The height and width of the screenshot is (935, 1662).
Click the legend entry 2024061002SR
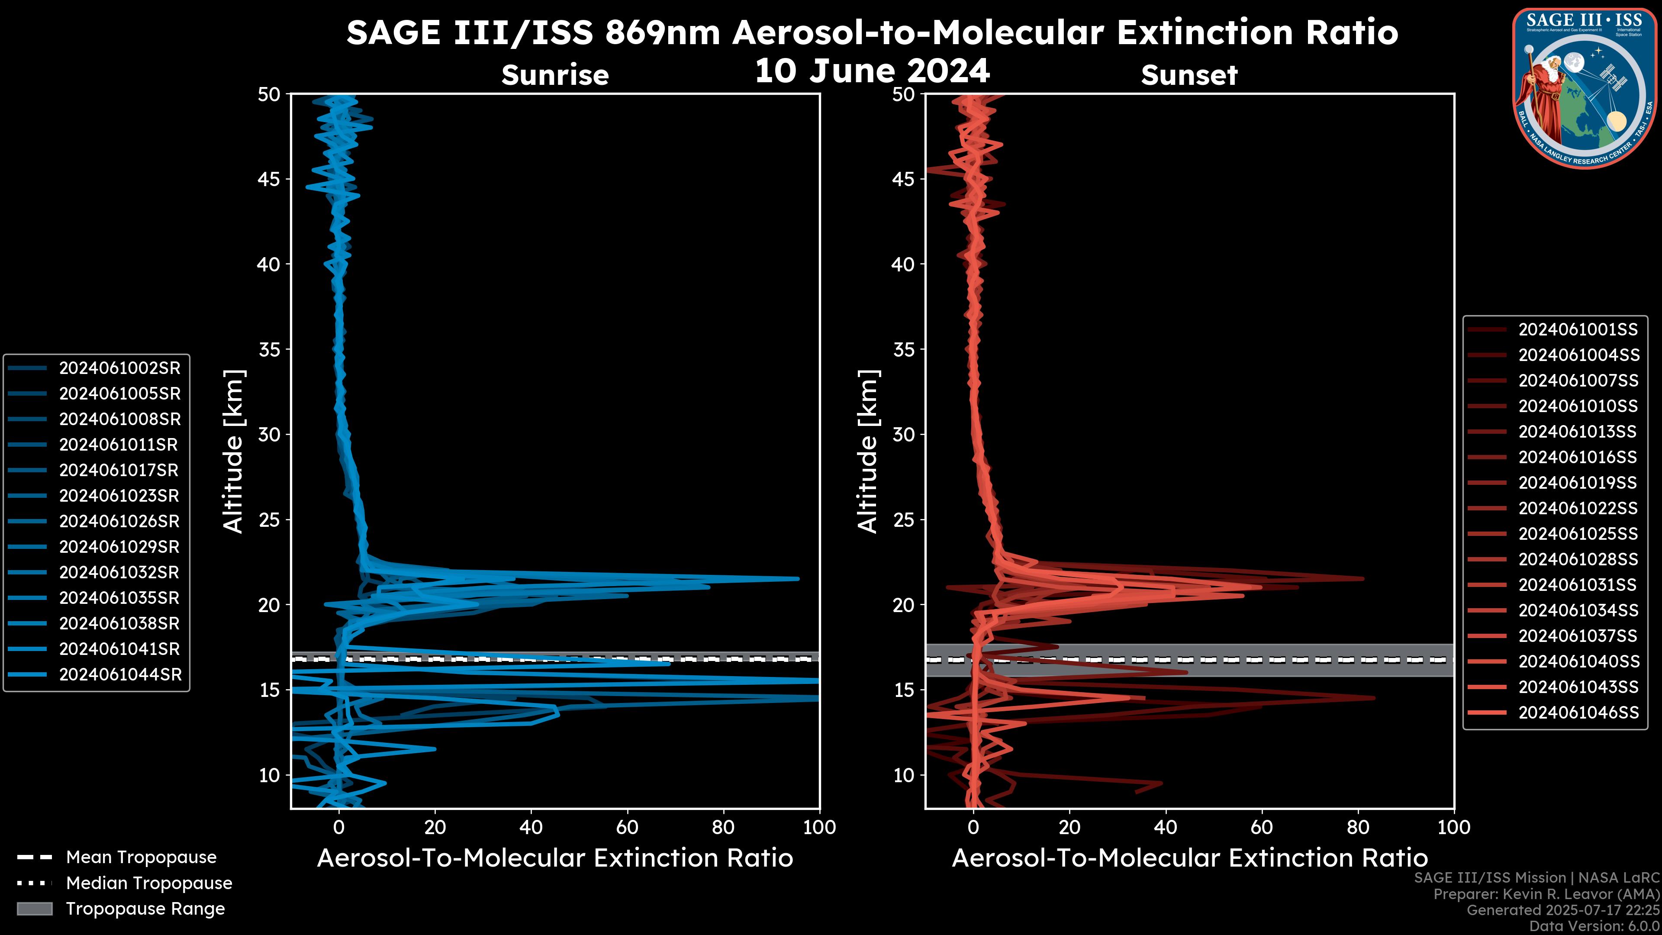(119, 368)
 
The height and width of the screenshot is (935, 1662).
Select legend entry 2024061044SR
(119, 674)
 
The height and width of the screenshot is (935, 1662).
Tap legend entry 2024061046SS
(1578, 713)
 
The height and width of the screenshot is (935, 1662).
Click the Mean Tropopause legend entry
(141, 857)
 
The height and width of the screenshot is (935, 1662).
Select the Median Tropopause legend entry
(148, 883)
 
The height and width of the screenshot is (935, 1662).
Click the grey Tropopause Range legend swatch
(35, 909)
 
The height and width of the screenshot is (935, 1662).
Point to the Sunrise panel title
(555, 75)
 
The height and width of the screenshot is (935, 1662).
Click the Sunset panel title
(1189, 75)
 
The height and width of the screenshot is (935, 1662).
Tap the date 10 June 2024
(872, 71)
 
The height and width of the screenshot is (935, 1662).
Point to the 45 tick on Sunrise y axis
(269, 179)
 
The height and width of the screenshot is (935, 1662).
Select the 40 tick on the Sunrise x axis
(531, 827)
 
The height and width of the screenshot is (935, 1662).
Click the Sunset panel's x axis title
(1189, 858)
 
